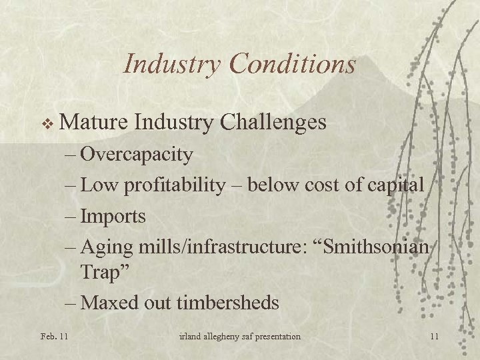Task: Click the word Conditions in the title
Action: point(292,64)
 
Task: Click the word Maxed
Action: point(109,303)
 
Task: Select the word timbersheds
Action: point(227,303)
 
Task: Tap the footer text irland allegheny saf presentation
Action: point(239,337)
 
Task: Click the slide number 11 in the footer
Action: point(434,337)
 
